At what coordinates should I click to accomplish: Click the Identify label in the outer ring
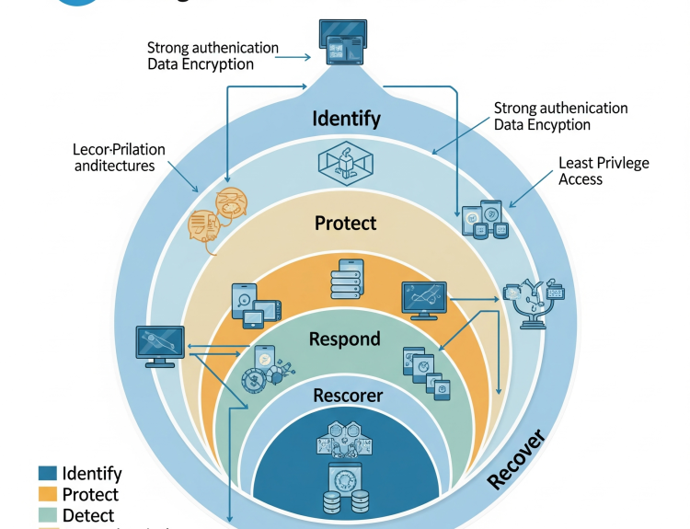pyautogui.click(x=346, y=119)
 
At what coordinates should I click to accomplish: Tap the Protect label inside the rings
pyautogui.click(x=345, y=223)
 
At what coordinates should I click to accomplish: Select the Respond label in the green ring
pyautogui.click(x=344, y=339)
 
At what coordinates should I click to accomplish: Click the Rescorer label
pyautogui.click(x=348, y=396)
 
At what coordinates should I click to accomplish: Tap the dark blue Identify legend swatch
pyautogui.click(x=48, y=474)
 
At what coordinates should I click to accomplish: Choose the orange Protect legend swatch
pyautogui.click(x=48, y=495)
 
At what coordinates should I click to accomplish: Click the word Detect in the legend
pyautogui.click(x=88, y=515)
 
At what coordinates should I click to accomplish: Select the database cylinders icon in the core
pyautogui.click(x=347, y=502)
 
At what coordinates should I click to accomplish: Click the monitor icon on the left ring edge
pyautogui.click(x=156, y=346)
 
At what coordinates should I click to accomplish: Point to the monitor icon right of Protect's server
pyautogui.click(x=424, y=300)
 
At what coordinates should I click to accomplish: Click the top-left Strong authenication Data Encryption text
pyautogui.click(x=213, y=56)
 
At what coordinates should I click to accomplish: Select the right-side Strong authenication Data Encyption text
pyautogui.click(x=560, y=116)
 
